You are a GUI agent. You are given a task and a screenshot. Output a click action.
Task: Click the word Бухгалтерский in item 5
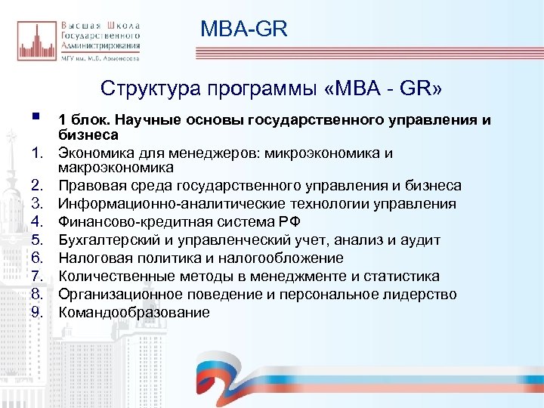point(110,240)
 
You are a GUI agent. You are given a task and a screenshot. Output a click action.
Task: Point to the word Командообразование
point(134,313)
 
